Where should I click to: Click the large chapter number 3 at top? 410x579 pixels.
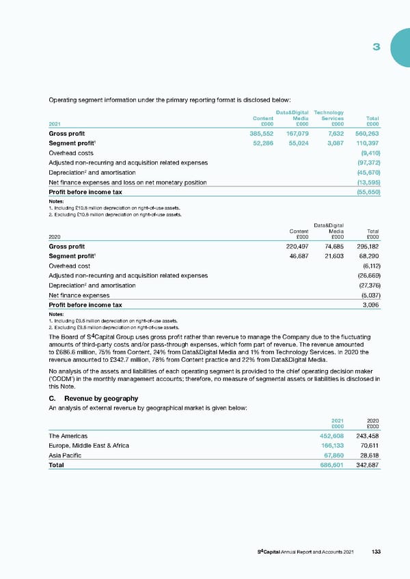pyautogui.click(x=376, y=47)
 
